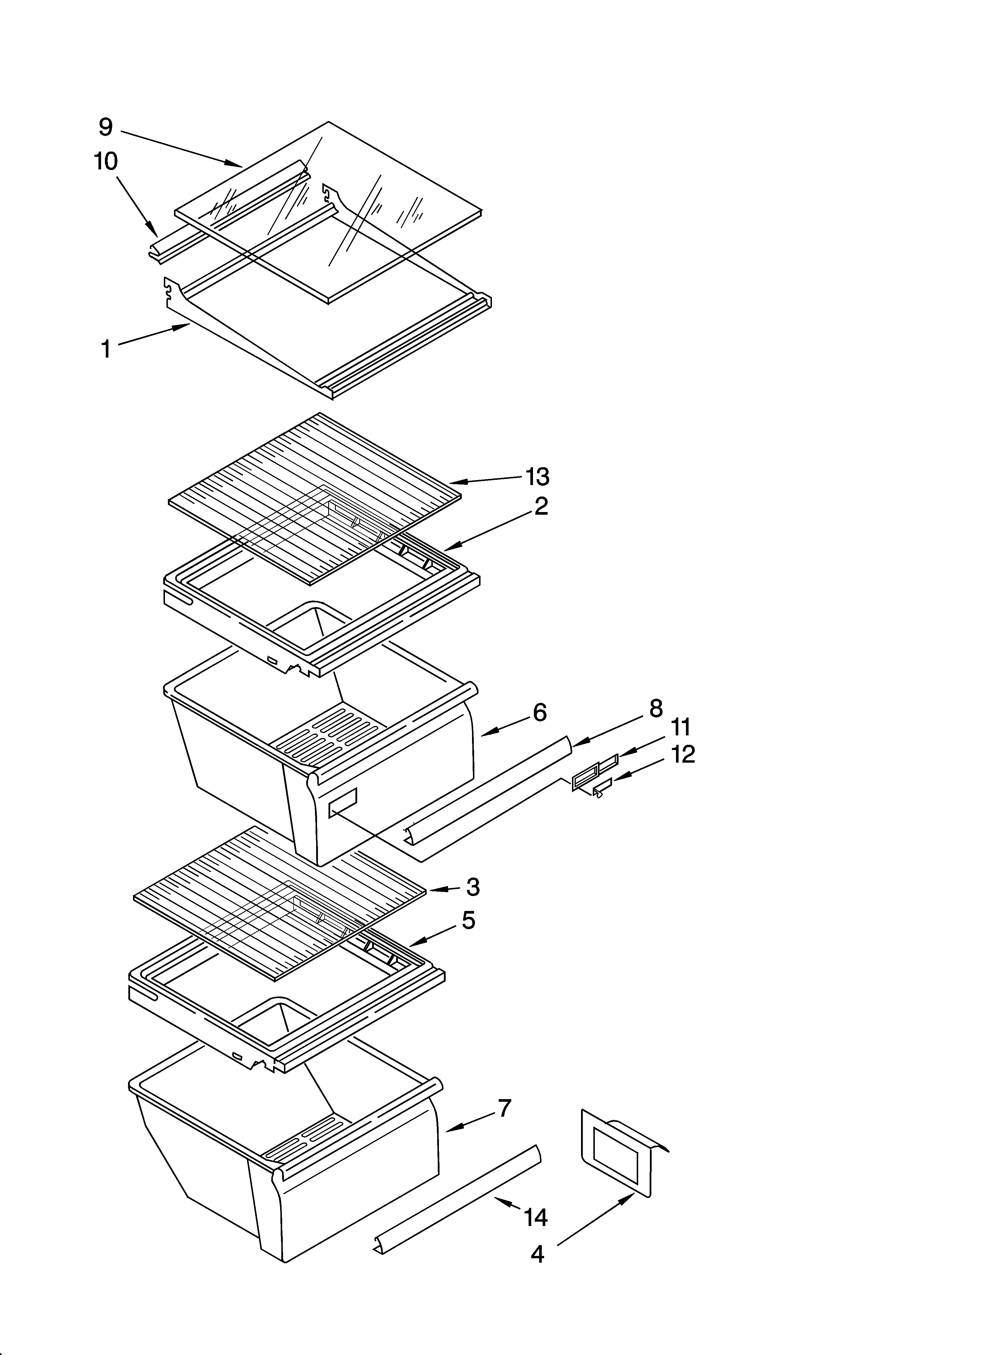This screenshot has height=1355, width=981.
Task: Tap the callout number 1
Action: (x=106, y=349)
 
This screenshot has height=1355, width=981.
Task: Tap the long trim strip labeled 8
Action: (x=490, y=789)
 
